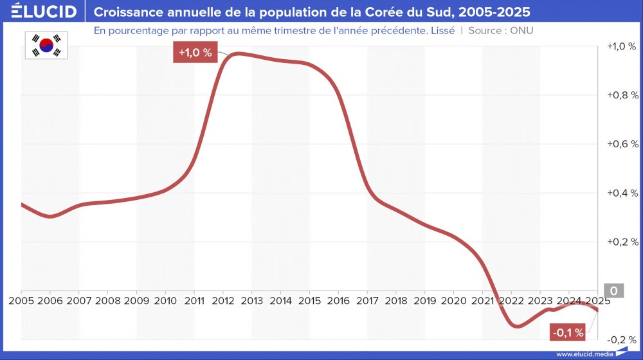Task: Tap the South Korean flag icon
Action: tap(46, 45)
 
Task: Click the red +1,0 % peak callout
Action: tap(195, 53)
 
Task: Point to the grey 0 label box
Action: tap(613, 291)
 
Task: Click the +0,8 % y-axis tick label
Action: tap(622, 95)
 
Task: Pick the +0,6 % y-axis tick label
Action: tap(622, 144)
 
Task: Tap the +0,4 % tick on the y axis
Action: tap(622, 193)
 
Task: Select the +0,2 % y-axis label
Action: tap(622, 242)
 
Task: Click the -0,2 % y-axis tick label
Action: tap(622, 339)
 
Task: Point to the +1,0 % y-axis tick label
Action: tap(622, 46)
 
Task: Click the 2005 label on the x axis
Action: tap(22, 300)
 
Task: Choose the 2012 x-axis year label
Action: tap(222, 300)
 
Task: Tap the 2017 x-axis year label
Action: tap(367, 300)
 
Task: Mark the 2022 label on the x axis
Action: tap(512, 300)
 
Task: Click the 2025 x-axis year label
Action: tap(598, 300)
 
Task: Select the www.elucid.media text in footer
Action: tap(584, 354)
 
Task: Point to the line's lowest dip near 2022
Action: tap(517, 326)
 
